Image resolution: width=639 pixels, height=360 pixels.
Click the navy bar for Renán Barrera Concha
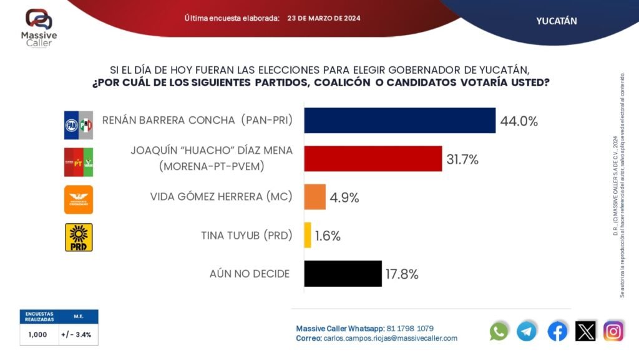pos(399,121)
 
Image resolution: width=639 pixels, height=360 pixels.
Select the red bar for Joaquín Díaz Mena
pos(373,159)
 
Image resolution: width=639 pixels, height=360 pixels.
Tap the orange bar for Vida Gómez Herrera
pos(315,197)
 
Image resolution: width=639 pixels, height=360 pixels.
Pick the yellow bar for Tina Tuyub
pos(308,235)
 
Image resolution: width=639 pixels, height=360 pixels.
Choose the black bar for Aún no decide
pos(343,273)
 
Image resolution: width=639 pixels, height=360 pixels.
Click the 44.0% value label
pos(519,122)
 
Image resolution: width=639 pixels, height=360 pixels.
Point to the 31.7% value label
pos(462,159)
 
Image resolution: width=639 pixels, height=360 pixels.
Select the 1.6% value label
pos(328,236)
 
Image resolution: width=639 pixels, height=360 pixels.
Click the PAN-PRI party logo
pos(79,125)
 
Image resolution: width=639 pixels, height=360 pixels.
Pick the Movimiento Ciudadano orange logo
pos(79,199)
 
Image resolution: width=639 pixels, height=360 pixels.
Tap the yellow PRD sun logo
pos(79,237)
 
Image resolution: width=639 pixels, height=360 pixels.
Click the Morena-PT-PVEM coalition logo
pos(79,162)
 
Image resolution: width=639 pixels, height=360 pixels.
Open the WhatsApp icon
pos(499,331)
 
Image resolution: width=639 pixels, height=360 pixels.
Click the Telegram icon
pos(527,331)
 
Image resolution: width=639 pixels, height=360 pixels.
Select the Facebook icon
pos(557,331)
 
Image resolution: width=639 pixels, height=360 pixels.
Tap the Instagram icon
pos(613,331)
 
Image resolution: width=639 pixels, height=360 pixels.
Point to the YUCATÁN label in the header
pos(556,21)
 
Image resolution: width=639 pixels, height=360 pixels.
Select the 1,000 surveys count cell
pos(38,334)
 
